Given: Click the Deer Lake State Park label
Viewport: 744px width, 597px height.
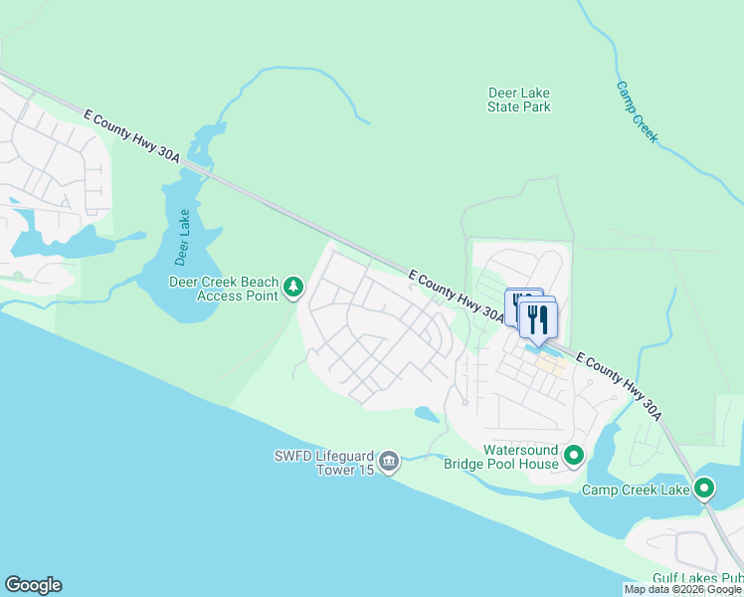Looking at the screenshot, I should (x=519, y=99).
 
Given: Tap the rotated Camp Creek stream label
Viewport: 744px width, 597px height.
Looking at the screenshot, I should (x=637, y=111).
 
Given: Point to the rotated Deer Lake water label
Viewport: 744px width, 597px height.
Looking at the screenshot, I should (x=182, y=239).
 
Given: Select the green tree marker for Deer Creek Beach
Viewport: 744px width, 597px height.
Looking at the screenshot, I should (x=293, y=289).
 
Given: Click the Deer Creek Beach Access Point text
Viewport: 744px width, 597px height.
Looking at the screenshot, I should (x=223, y=289).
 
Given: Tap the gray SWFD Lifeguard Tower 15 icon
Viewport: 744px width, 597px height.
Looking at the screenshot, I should (x=388, y=461).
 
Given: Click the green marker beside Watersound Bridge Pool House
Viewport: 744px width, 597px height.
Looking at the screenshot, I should (x=574, y=457).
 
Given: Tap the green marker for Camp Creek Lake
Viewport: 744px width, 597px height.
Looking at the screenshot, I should (x=704, y=489).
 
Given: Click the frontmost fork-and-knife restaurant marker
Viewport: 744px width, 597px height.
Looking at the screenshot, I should (x=538, y=320).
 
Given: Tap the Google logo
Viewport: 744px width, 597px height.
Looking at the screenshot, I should (x=33, y=585).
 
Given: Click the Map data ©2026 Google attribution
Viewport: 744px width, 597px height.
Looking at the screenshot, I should (x=683, y=590).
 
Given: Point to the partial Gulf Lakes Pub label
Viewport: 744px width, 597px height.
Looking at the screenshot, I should (x=697, y=578).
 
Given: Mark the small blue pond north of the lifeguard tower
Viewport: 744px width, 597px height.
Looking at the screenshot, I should (x=425, y=413).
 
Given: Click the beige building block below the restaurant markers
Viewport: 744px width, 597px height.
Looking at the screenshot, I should (x=550, y=364).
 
